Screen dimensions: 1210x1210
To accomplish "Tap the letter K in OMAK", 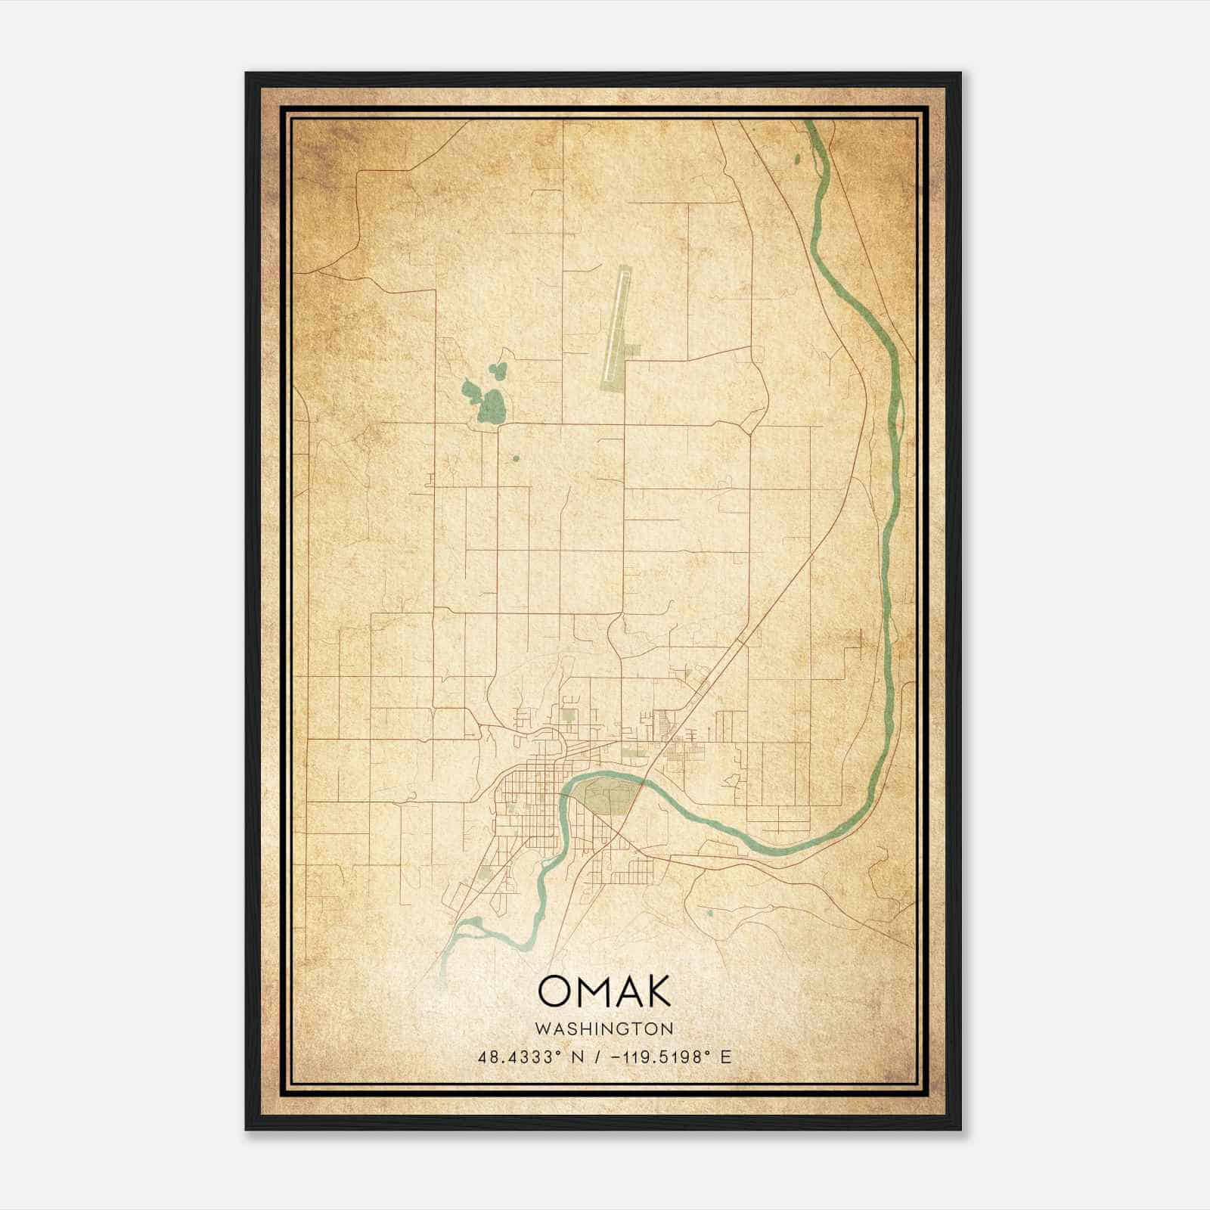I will pyautogui.click(x=656, y=991).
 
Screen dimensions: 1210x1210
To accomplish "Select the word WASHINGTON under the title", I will pyautogui.click(x=603, y=1028).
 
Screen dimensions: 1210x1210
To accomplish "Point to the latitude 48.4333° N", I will pyautogui.click(x=529, y=1057).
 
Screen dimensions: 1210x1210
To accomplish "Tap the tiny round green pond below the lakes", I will pyautogui.click(x=516, y=458).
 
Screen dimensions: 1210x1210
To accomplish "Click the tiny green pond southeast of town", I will pyautogui.click(x=709, y=914).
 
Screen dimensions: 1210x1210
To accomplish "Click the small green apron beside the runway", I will pyautogui.click(x=634, y=350).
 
